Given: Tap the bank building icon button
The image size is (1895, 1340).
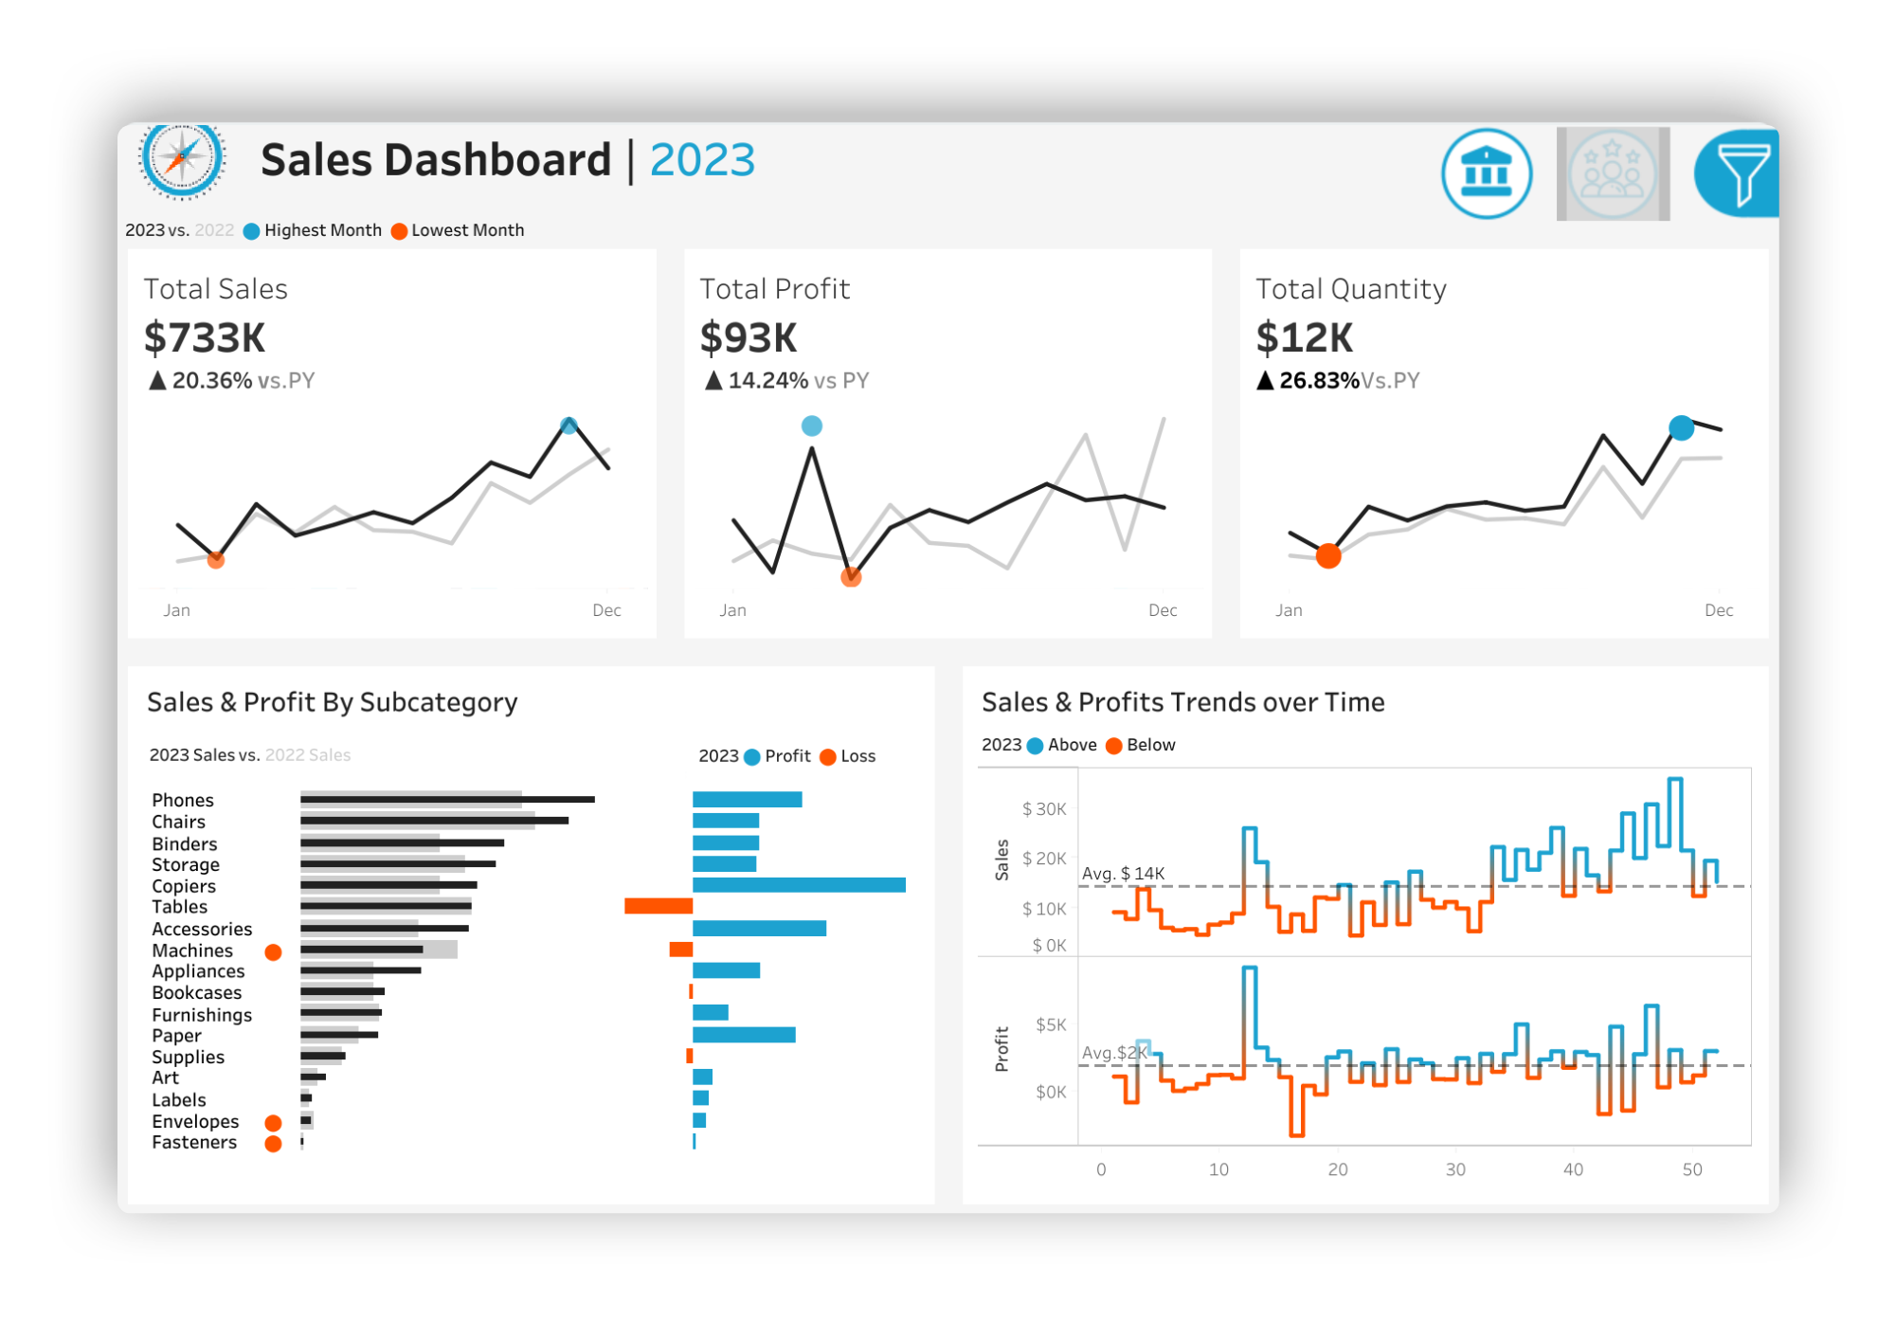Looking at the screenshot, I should click(x=1486, y=174).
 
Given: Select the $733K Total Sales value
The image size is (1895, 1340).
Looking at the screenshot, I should click(x=205, y=338).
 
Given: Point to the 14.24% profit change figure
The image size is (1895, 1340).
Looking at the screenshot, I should click(x=767, y=381).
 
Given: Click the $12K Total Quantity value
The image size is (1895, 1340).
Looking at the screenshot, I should click(x=1304, y=338).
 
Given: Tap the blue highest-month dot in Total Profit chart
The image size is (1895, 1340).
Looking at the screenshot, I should click(x=812, y=426).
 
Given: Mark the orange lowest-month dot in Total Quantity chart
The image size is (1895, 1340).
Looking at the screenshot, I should click(x=1328, y=556).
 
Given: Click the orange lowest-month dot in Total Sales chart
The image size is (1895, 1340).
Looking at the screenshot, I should click(x=216, y=560).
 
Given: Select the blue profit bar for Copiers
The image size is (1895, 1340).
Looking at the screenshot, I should click(x=799, y=885).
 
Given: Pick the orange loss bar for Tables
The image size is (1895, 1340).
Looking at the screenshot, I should click(x=659, y=907).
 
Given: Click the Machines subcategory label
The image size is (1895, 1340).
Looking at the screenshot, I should click(x=192, y=951).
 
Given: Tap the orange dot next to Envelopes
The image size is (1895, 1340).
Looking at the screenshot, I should click(x=273, y=1123).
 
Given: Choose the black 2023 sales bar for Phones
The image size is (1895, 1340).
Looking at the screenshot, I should click(x=447, y=800).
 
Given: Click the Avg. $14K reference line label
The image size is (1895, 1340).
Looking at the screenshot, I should click(x=1123, y=874).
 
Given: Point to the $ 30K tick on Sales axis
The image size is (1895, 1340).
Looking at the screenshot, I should click(x=1043, y=809).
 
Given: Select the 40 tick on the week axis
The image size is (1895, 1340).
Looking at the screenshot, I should click(x=1573, y=1170).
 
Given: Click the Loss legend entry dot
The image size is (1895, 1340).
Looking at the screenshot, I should click(x=828, y=757).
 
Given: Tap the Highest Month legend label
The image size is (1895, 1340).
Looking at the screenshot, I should click(x=322, y=230).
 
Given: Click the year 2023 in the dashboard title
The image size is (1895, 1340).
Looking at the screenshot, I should click(x=702, y=160).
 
